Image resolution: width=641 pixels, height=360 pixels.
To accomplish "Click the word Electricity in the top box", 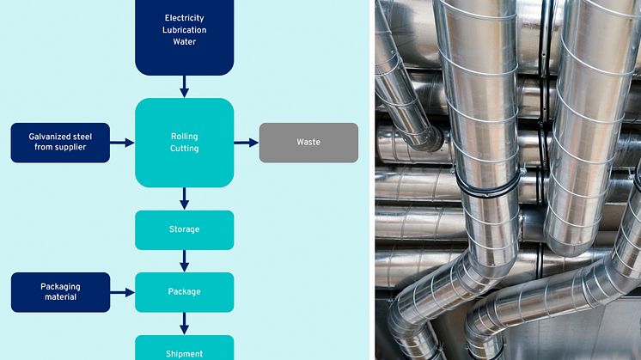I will pyautogui.click(x=185, y=18).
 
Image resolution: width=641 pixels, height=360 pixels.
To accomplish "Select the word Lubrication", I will pyautogui.click(x=185, y=30).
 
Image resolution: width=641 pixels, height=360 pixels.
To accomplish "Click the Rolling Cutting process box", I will pyautogui.click(x=185, y=142).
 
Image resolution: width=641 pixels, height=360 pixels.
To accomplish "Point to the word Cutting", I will pyautogui.click(x=185, y=149).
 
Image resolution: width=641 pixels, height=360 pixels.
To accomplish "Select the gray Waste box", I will pyautogui.click(x=308, y=142).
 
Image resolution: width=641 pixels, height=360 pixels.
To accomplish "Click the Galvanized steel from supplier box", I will pyautogui.click(x=60, y=142).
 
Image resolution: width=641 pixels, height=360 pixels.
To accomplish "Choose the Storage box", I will pyautogui.click(x=185, y=229).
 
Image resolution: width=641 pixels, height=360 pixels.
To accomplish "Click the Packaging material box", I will pyautogui.click(x=60, y=292).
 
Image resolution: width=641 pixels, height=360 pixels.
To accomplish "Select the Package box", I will pyautogui.click(x=185, y=292).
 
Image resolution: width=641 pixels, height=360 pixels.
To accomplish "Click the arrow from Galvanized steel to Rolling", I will pyautogui.click(x=123, y=143).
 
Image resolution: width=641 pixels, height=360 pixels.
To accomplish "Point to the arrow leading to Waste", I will pyautogui.click(x=247, y=143).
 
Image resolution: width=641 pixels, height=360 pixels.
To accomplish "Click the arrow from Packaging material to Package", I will pyautogui.click(x=123, y=292).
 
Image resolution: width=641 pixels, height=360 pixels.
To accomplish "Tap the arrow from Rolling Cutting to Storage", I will pyautogui.click(x=185, y=198).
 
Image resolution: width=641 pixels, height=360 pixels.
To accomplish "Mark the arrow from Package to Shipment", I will pyautogui.click(x=185, y=323).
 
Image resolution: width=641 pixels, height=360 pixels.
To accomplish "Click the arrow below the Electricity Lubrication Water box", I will pyautogui.click(x=185, y=86).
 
